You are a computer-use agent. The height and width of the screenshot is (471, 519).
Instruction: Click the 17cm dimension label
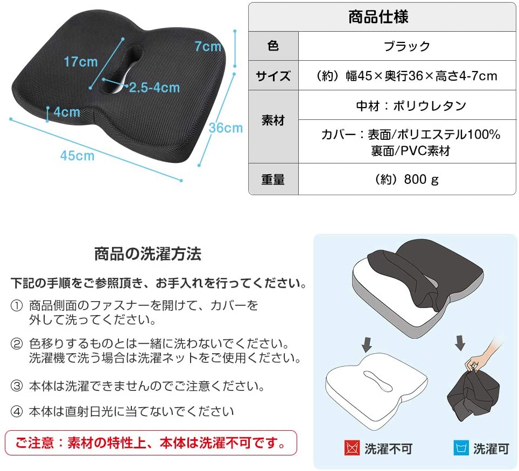pyautogui.click(x=81, y=62)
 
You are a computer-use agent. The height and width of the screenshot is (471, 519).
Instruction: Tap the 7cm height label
pyautogui.click(x=208, y=46)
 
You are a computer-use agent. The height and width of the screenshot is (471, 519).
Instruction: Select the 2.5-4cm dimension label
pyautogui.click(x=155, y=88)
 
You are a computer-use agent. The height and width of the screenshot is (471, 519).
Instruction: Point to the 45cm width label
pyautogui.click(x=78, y=156)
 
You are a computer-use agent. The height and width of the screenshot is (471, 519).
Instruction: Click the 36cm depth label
pyautogui.click(x=226, y=128)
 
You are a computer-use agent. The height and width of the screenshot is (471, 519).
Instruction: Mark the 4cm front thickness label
pyautogui.click(x=67, y=112)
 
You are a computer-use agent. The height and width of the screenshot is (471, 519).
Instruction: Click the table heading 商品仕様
pyautogui.click(x=378, y=17)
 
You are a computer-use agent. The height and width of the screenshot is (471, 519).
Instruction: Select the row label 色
pyautogui.click(x=273, y=46)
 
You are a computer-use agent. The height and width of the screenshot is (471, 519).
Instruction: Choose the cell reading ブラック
pyautogui.click(x=407, y=46)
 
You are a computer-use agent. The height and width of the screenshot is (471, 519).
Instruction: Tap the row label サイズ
pyautogui.click(x=273, y=76)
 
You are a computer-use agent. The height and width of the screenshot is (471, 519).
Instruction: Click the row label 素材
pyautogui.click(x=273, y=120)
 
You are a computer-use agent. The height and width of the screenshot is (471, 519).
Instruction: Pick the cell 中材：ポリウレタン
pyautogui.click(x=411, y=106)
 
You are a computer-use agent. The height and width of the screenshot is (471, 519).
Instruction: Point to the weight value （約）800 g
pyautogui.click(x=406, y=180)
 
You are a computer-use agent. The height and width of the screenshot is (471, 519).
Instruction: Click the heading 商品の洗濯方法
pyautogui.click(x=148, y=254)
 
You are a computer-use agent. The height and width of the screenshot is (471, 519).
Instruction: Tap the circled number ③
pyautogui.click(x=17, y=386)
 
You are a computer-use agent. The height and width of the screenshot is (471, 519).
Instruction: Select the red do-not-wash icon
pyautogui.click(x=352, y=448)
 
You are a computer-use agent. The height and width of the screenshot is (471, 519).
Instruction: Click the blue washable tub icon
pyautogui.click(x=461, y=448)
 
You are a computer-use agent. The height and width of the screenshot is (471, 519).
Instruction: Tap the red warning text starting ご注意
pyautogui.click(x=151, y=443)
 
